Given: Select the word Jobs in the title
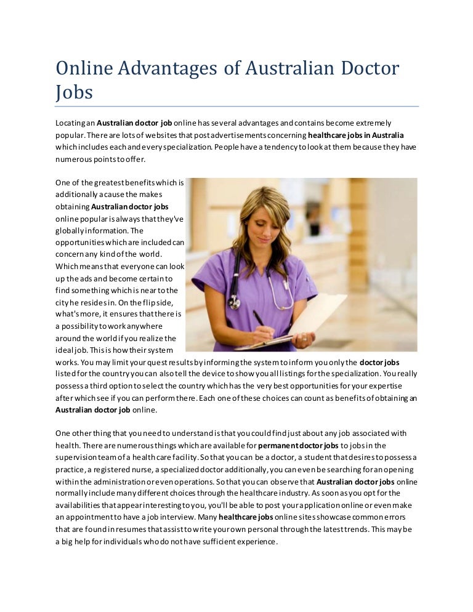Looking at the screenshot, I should click(74, 92).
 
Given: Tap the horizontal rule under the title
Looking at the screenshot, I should click(236, 107).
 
